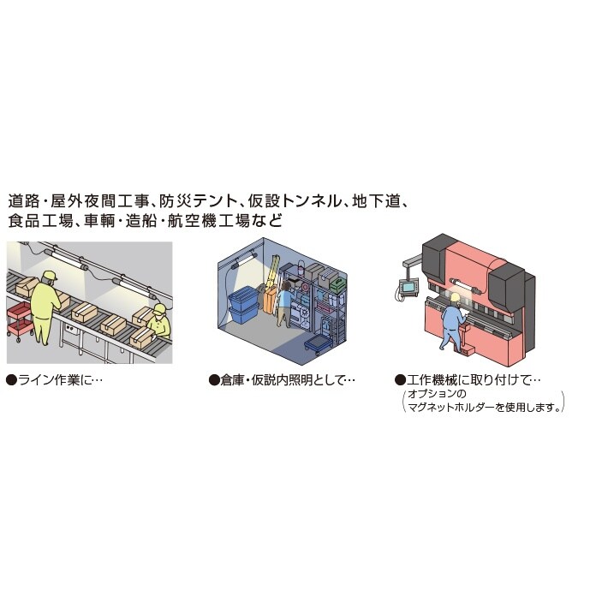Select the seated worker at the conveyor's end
[158, 323]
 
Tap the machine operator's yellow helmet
[455, 297]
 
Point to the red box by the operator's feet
[467, 349]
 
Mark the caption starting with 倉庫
[283, 379]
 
